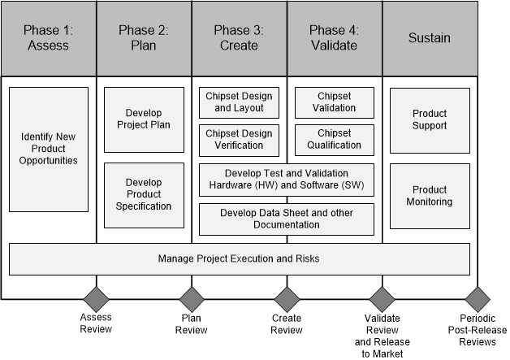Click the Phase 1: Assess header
(x=49, y=38)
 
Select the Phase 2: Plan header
(x=144, y=38)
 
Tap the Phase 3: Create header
(x=239, y=38)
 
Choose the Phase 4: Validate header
(x=335, y=38)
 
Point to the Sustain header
(x=430, y=38)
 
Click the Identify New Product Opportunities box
(x=49, y=150)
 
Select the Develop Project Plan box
(x=144, y=119)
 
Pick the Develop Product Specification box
(x=144, y=194)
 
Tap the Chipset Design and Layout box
(x=239, y=102)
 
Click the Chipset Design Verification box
(x=239, y=140)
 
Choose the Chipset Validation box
(x=335, y=102)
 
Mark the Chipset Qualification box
(x=335, y=140)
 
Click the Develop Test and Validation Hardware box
(x=287, y=180)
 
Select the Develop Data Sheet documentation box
(x=287, y=219)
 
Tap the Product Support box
(x=430, y=119)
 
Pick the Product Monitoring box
(x=430, y=196)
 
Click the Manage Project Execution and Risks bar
(x=239, y=258)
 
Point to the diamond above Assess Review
(x=97, y=298)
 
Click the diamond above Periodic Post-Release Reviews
(x=478, y=298)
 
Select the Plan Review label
(x=192, y=324)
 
